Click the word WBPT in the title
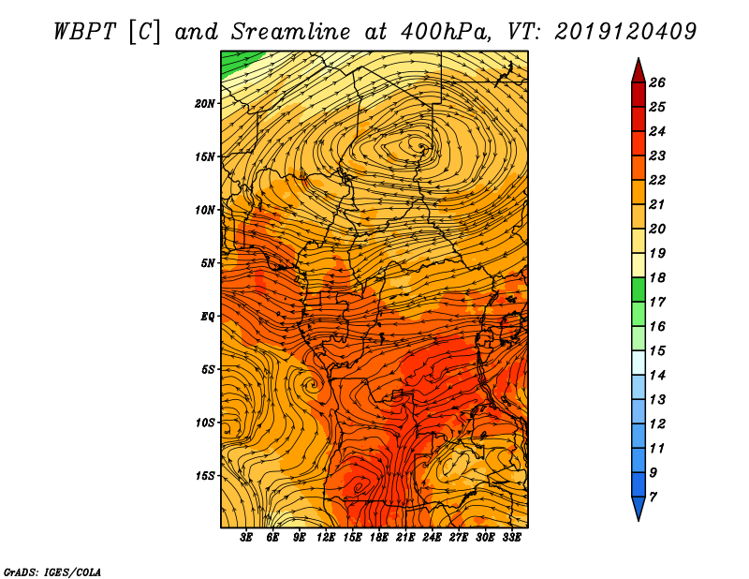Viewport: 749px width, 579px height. coord(85,32)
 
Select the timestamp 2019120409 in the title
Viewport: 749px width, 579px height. coord(625,32)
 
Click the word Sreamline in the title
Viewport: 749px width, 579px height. coord(291,32)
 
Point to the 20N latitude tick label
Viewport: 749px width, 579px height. coord(205,104)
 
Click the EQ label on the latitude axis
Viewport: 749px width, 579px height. coord(208,317)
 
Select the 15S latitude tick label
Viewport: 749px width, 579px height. coord(205,476)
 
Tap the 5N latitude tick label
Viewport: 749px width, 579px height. coord(208,263)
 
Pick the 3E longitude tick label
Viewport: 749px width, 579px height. coord(246,538)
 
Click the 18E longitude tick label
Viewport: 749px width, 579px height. coord(379,538)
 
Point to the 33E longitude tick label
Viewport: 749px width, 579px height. coord(511,538)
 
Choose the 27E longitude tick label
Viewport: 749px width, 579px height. coord(459,538)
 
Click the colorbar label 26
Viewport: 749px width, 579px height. coord(657,82)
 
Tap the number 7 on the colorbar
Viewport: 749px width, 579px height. coord(654,497)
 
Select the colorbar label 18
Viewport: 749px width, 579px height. coord(657,277)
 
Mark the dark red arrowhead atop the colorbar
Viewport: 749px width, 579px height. coord(639,72)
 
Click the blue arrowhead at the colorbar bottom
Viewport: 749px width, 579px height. coord(639,508)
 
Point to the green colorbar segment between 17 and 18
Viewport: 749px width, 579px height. coord(639,289)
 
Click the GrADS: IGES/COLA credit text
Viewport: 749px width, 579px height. coord(52,572)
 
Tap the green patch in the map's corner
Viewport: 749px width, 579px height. coord(237,61)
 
